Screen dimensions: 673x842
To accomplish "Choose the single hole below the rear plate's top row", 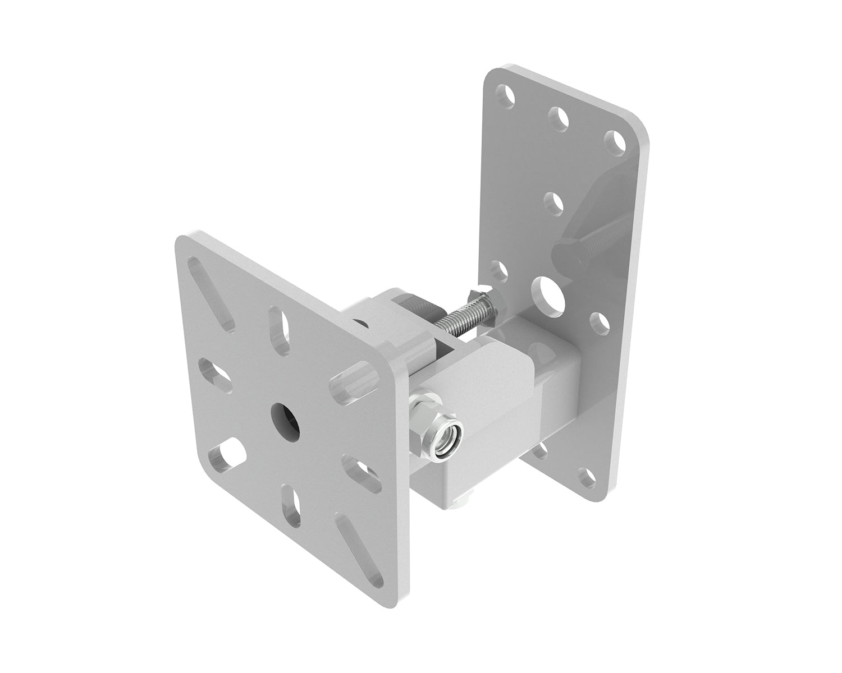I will click(x=553, y=204).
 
